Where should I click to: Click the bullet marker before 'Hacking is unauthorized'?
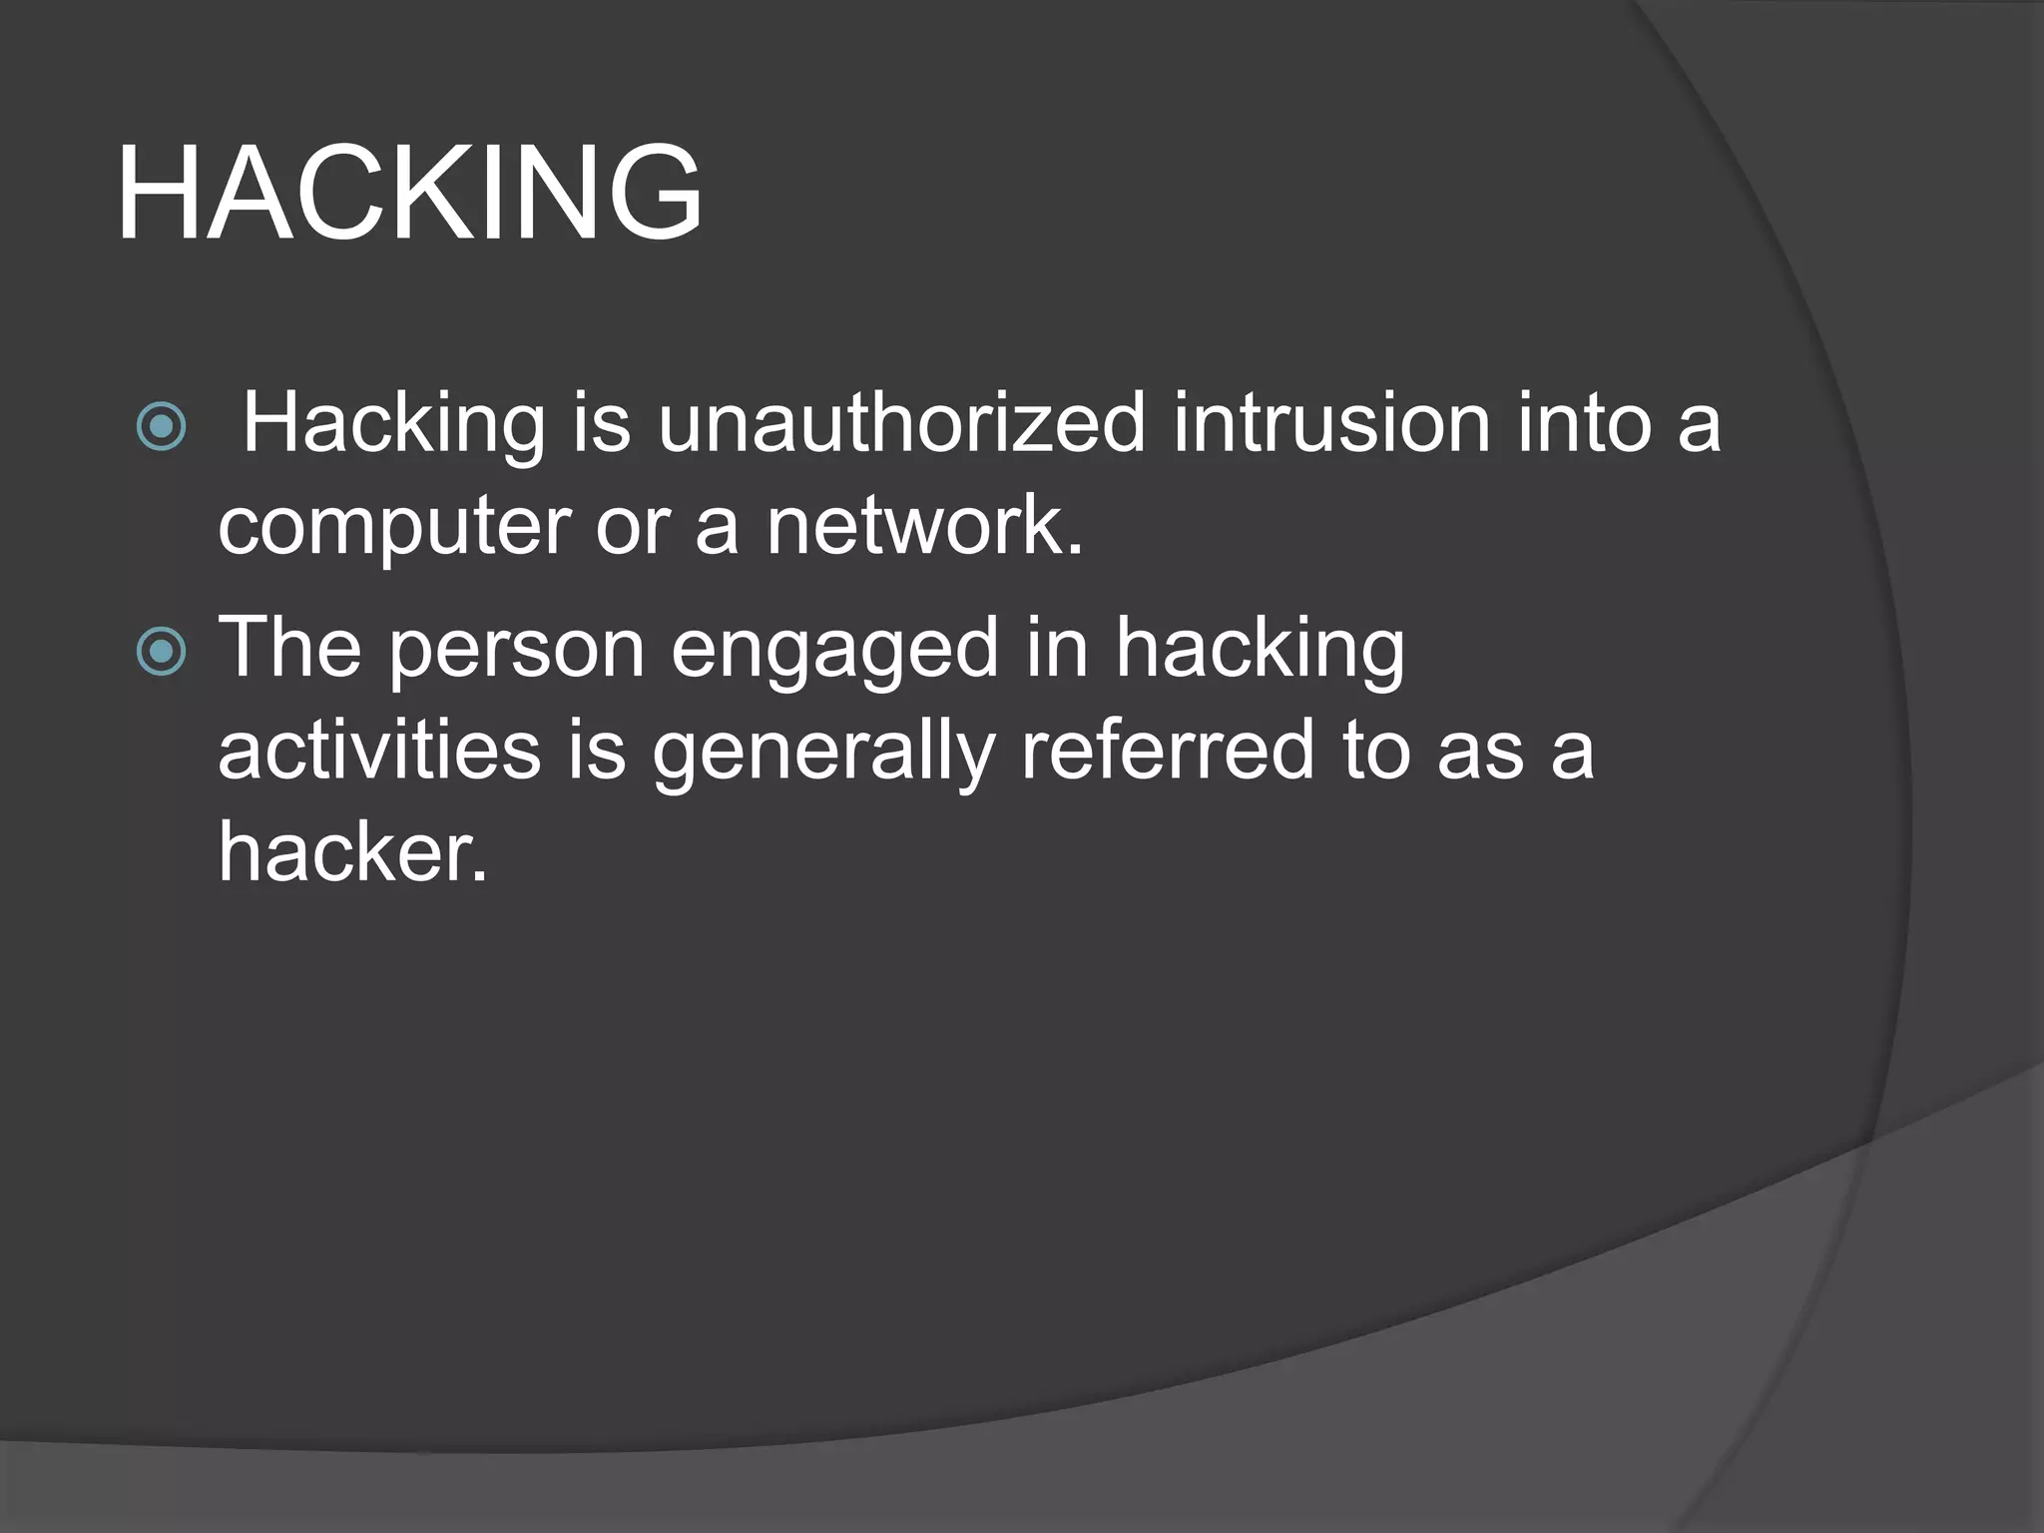pyautogui.click(x=161, y=427)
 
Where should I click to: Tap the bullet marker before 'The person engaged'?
pyautogui.click(x=161, y=653)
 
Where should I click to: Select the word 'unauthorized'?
pyautogui.click(x=900, y=423)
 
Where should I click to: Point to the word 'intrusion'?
pyautogui.click(x=1331, y=423)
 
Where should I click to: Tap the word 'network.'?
pyautogui.click(x=924, y=526)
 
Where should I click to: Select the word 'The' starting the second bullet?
pyautogui.click(x=289, y=649)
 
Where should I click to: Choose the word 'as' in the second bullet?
pyautogui.click(x=1480, y=755)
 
